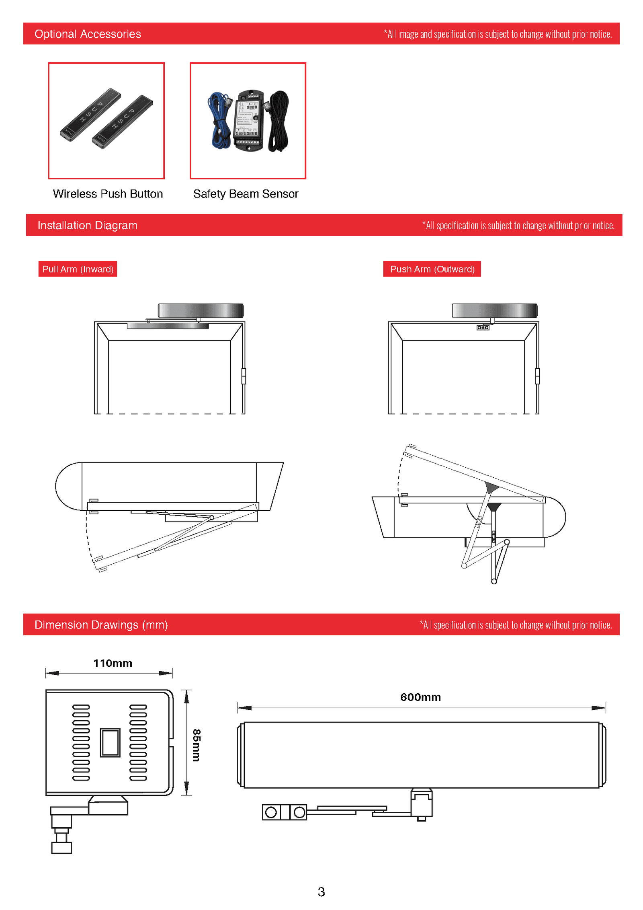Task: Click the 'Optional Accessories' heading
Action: coord(88,34)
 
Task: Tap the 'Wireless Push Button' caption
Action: coord(108,194)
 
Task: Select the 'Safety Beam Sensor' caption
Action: coord(246,194)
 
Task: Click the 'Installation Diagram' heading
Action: coord(87,225)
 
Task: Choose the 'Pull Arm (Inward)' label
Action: coord(78,269)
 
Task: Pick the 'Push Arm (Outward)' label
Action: coord(432,269)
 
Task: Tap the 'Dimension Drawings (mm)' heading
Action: coord(101,624)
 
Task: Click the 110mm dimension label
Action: coord(113,663)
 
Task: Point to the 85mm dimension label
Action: coord(196,745)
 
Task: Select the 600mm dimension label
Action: coord(420,697)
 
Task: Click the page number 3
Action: coord(321,892)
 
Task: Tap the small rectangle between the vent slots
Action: coord(110,743)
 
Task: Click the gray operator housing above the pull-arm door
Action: coord(201,311)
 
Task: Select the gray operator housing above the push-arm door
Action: coord(494,311)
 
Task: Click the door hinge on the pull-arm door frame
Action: coord(244,376)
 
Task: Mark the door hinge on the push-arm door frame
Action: coord(537,376)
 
